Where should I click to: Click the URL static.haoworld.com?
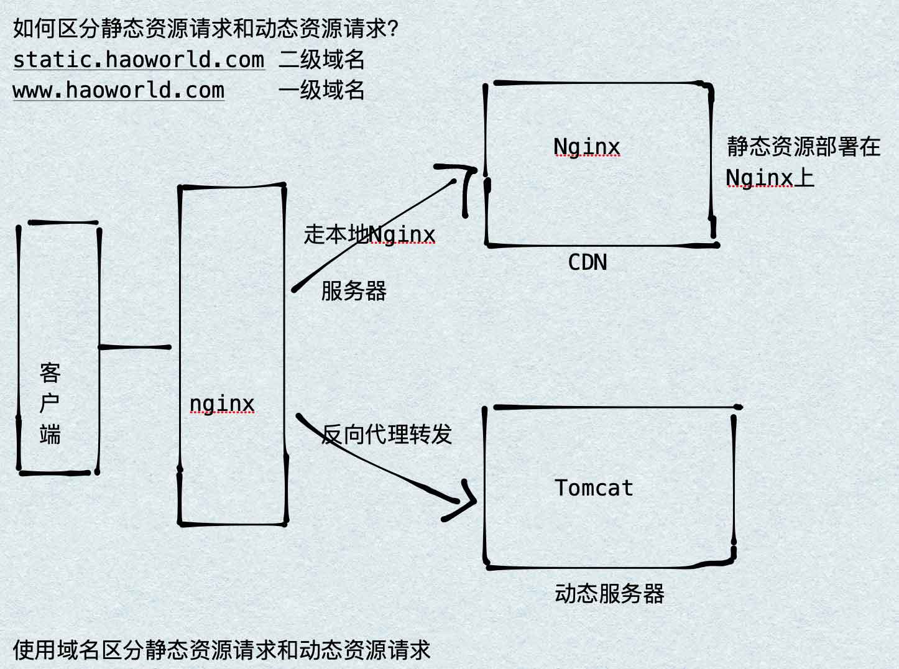(x=138, y=60)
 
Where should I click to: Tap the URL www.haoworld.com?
(x=118, y=90)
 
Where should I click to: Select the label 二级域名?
(x=321, y=60)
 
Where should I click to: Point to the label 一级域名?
(x=321, y=90)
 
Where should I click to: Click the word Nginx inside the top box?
(x=586, y=147)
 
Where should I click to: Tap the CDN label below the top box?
(x=588, y=262)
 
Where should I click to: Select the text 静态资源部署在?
(x=803, y=147)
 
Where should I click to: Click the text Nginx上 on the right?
(x=770, y=178)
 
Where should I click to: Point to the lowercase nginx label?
(x=222, y=404)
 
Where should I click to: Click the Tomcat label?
(x=594, y=488)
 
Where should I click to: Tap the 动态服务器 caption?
(x=609, y=594)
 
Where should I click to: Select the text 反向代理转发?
(x=387, y=435)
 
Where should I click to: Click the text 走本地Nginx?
(x=369, y=234)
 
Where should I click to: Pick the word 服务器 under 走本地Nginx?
(x=354, y=290)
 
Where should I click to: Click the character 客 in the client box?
(x=50, y=373)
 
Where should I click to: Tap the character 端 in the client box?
(x=50, y=434)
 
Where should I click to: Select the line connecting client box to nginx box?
(x=135, y=347)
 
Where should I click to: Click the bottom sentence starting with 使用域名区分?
(x=221, y=650)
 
